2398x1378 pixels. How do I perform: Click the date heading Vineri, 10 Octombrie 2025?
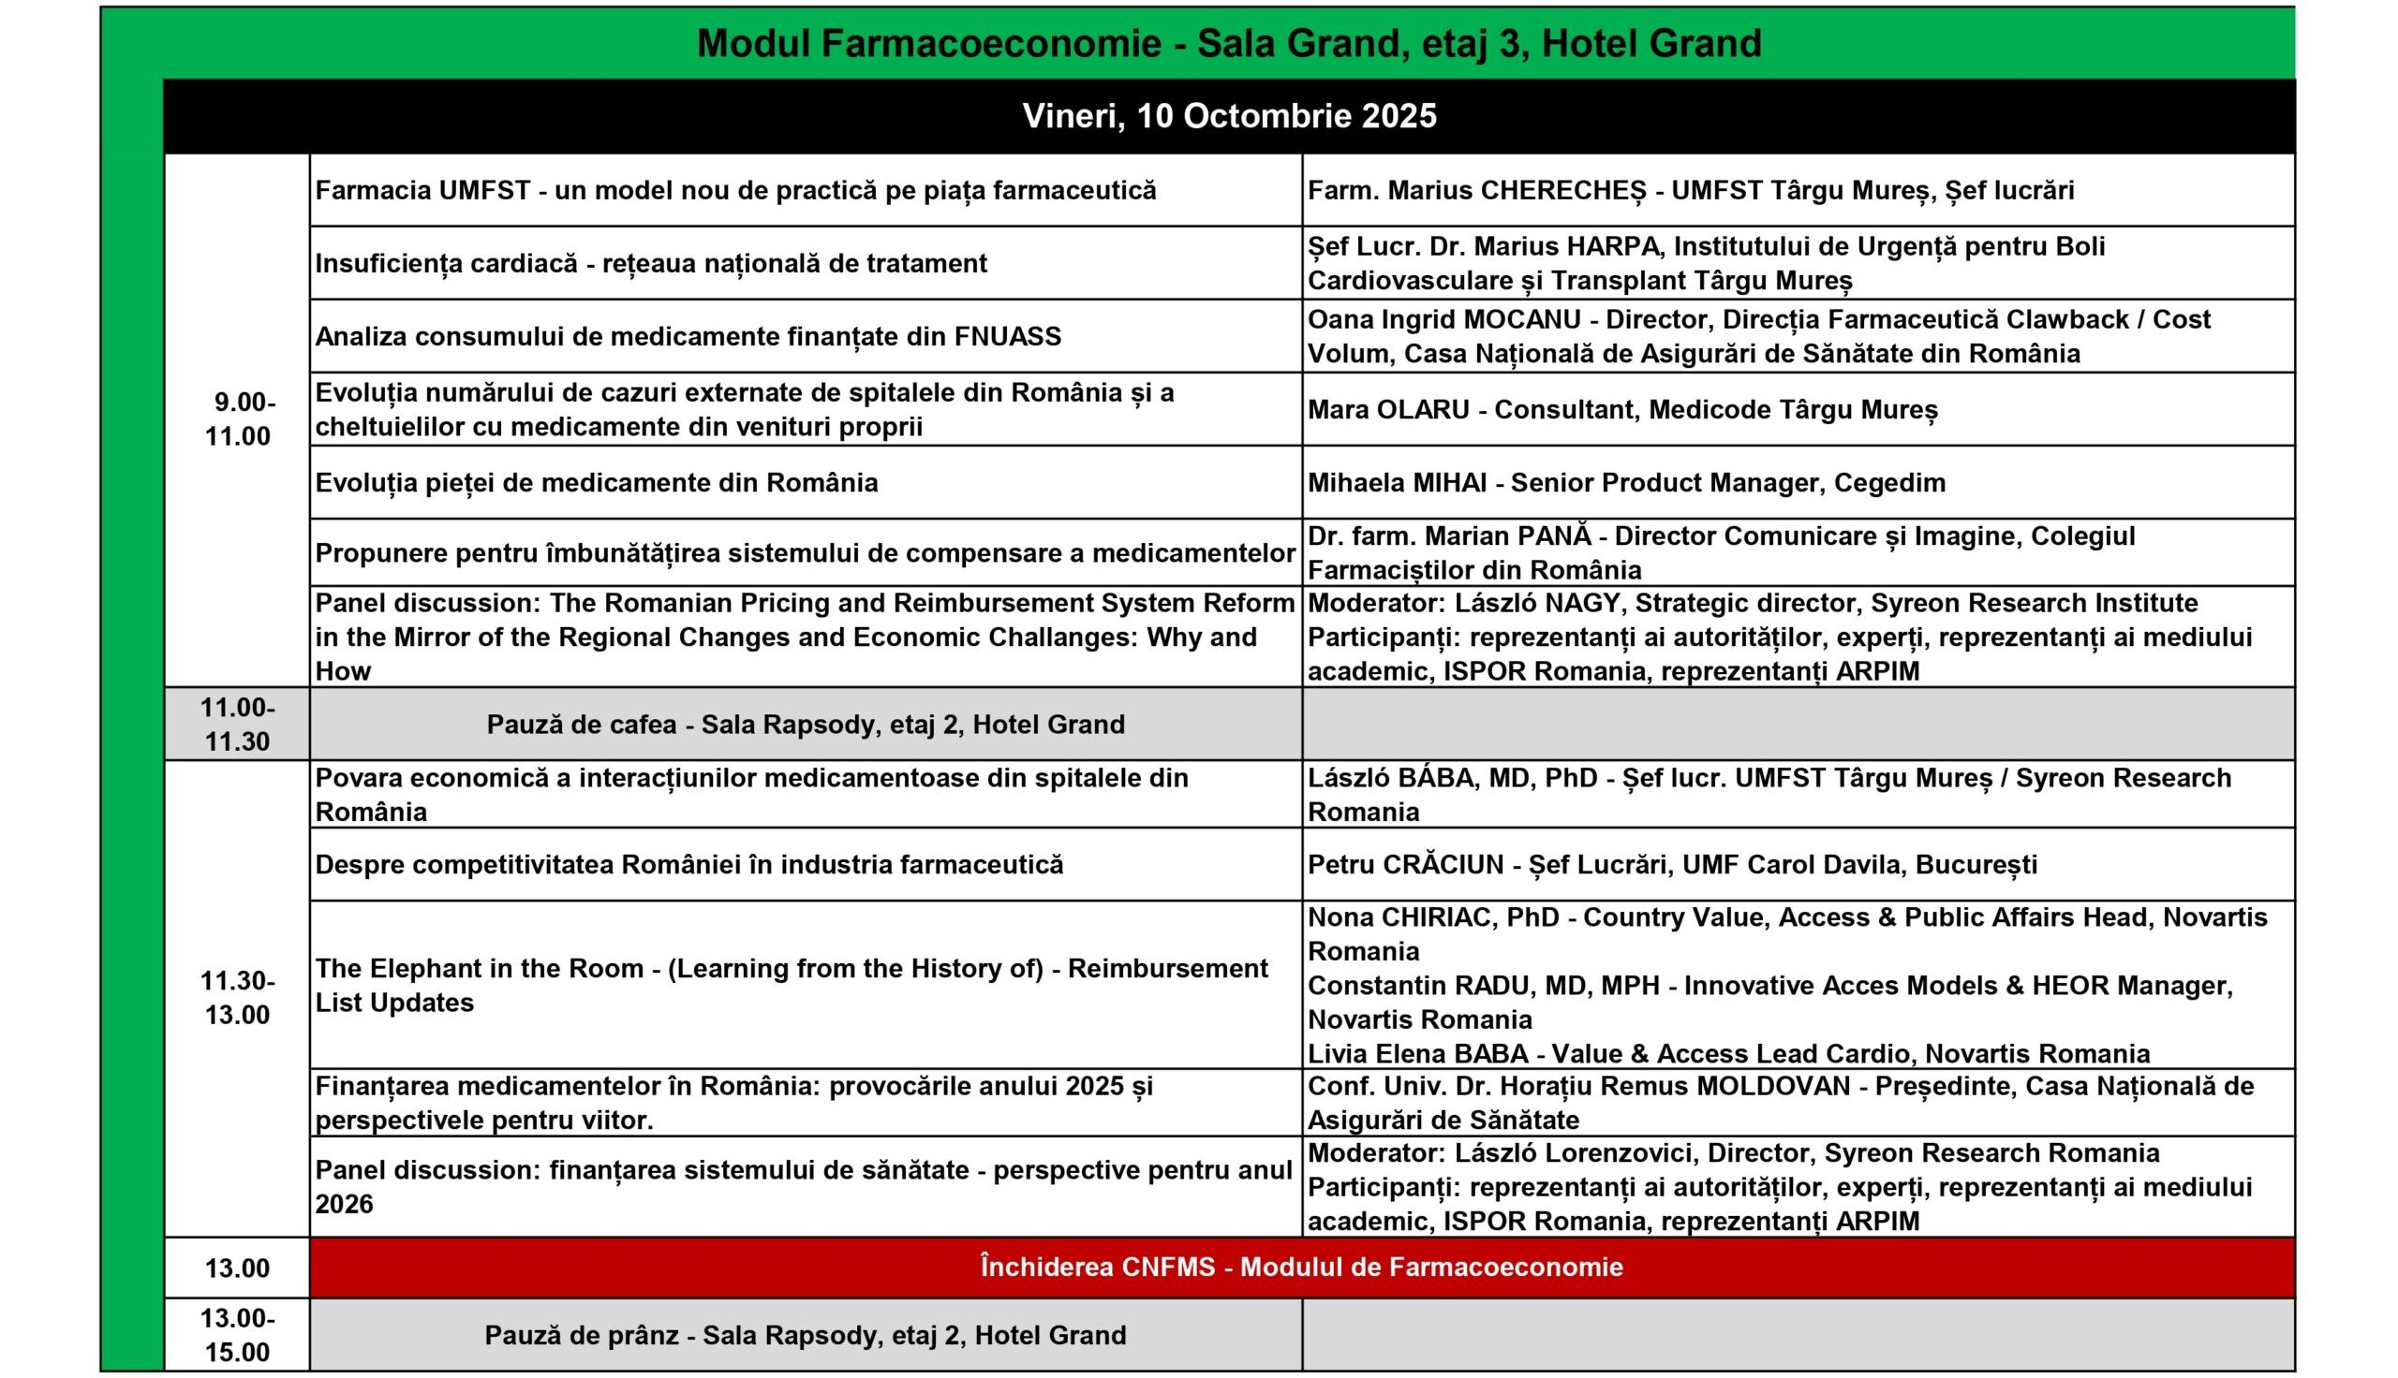(1229, 116)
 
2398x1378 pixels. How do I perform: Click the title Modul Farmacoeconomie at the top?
(928, 44)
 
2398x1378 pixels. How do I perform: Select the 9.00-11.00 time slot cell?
(239, 419)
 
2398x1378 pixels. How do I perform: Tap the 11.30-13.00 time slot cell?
(238, 998)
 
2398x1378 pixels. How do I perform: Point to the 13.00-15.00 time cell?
(238, 1334)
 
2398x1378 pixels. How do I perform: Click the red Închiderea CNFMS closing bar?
(1301, 1267)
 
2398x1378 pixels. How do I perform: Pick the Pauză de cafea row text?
(806, 724)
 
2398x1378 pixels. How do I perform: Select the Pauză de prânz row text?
(806, 1334)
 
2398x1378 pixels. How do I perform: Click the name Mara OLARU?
(1388, 410)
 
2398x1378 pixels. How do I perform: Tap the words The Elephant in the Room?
(479, 968)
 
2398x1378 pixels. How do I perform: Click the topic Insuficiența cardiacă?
(446, 263)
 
